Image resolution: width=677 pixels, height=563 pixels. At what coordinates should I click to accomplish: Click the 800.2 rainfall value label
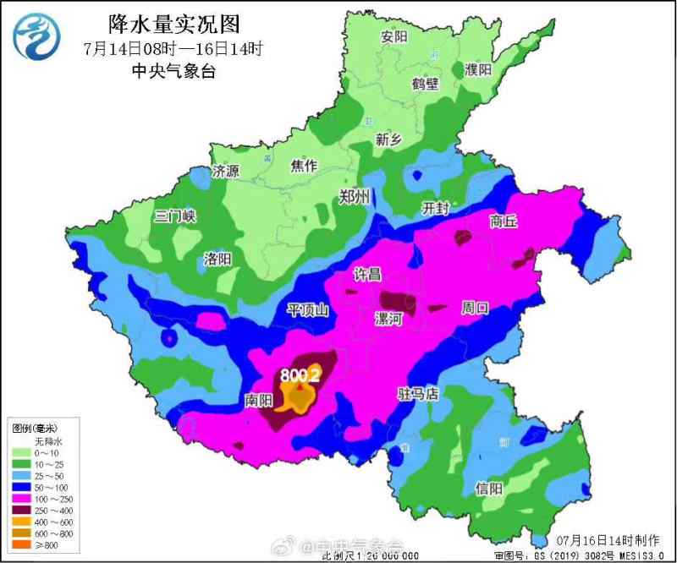point(300,374)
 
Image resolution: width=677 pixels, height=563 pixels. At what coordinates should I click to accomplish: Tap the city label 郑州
point(354,197)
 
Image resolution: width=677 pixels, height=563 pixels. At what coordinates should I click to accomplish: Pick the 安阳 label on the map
point(394,36)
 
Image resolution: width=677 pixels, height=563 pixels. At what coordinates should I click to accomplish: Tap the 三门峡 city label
point(175,216)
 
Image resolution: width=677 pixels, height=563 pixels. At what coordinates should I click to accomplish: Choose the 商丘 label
point(503,221)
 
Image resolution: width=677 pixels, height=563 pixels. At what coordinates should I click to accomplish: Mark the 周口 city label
point(475,308)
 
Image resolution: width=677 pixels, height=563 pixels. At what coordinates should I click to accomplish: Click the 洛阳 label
point(218,259)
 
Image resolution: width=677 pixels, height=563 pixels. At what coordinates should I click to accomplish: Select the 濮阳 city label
point(478,69)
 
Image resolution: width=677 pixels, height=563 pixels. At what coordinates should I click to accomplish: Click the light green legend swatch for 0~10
point(19,453)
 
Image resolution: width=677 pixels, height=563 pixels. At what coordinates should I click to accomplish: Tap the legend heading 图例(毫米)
point(36,429)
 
